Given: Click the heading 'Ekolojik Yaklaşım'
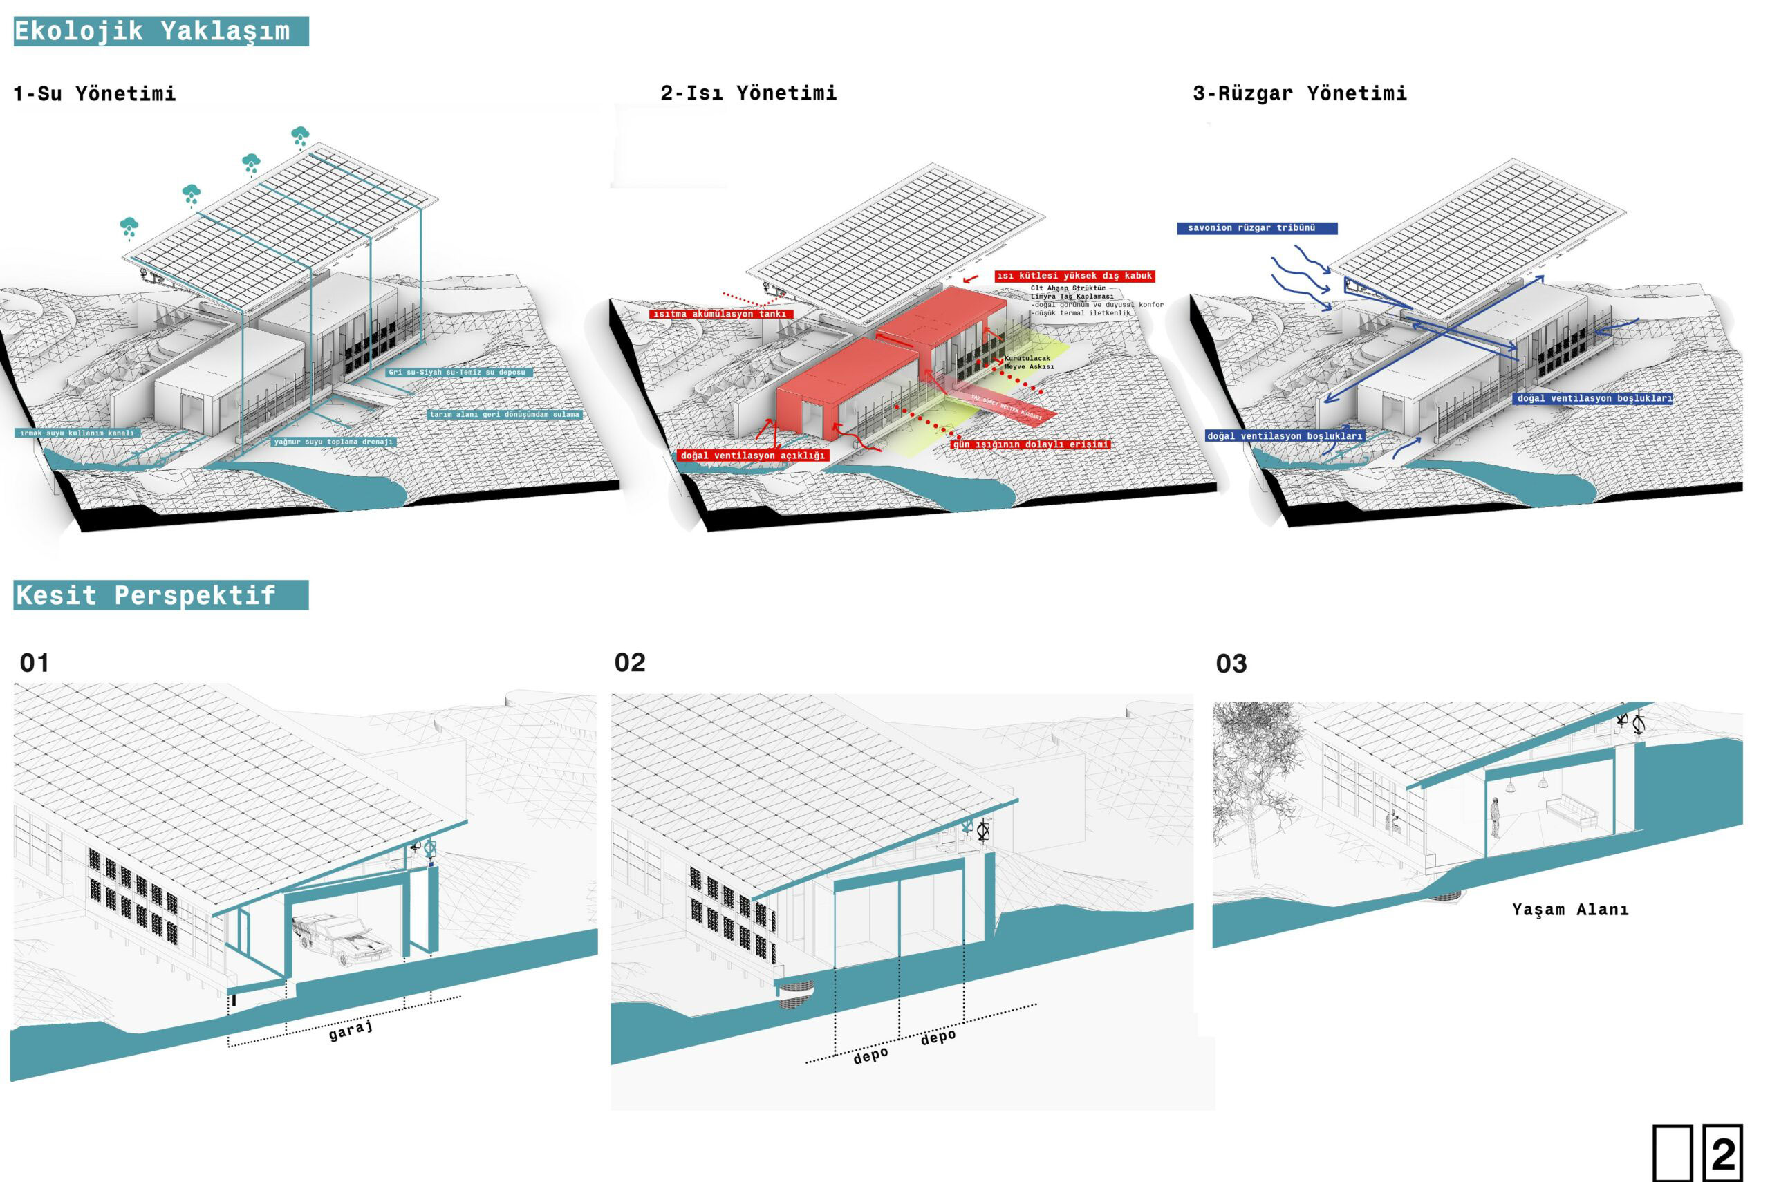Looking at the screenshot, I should [x=152, y=31].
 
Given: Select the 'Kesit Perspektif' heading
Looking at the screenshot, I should [x=147, y=596].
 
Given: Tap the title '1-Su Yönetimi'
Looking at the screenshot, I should [x=95, y=93].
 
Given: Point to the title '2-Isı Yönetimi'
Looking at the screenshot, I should [x=749, y=93].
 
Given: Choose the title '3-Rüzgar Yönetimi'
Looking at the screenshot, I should [x=1300, y=93].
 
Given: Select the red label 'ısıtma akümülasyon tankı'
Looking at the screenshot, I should [x=719, y=314].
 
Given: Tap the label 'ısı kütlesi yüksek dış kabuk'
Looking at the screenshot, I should [x=1074, y=276].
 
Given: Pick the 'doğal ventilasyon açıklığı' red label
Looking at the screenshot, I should [x=752, y=456].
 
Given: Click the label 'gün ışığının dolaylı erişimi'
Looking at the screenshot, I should [x=1030, y=444].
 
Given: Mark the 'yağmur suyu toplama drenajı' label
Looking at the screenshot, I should [x=333, y=442].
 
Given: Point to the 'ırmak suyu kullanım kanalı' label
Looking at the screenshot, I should [x=77, y=433].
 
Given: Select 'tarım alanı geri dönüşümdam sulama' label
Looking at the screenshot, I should [x=504, y=415].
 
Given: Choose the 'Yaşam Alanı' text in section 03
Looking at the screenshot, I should [x=1570, y=910].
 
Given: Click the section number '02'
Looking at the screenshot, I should [x=630, y=663].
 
